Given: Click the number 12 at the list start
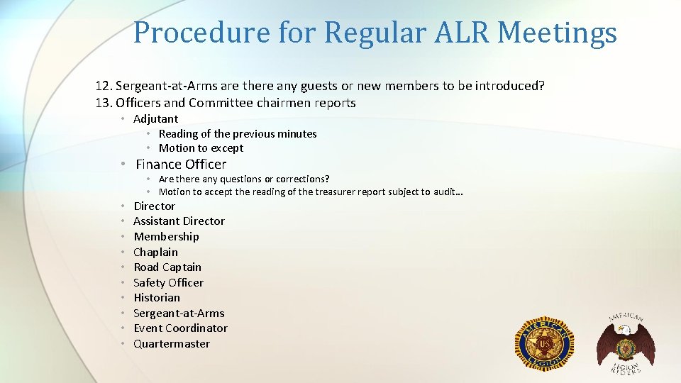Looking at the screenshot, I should (x=104, y=86).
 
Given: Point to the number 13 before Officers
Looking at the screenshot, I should (x=104, y=103).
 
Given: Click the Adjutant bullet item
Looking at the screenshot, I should (x=155, y=119).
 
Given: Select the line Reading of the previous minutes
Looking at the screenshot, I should (x=238, y=133).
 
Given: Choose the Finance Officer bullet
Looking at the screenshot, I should (x=181, y=164).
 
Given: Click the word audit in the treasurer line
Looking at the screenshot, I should (x=446, y=191).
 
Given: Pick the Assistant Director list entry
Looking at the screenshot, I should (x=179, y=221).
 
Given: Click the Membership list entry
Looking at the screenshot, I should (x=166, y=237).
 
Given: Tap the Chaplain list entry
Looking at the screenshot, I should (x=155, y=252).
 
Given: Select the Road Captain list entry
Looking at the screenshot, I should (x=167, y=267).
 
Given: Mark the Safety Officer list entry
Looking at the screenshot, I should (x=168, y=282).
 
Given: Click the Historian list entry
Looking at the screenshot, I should (x=157, y=298).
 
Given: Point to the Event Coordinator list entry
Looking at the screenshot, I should (x=180, y=328).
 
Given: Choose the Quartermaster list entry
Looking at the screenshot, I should (x=172, y=344).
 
